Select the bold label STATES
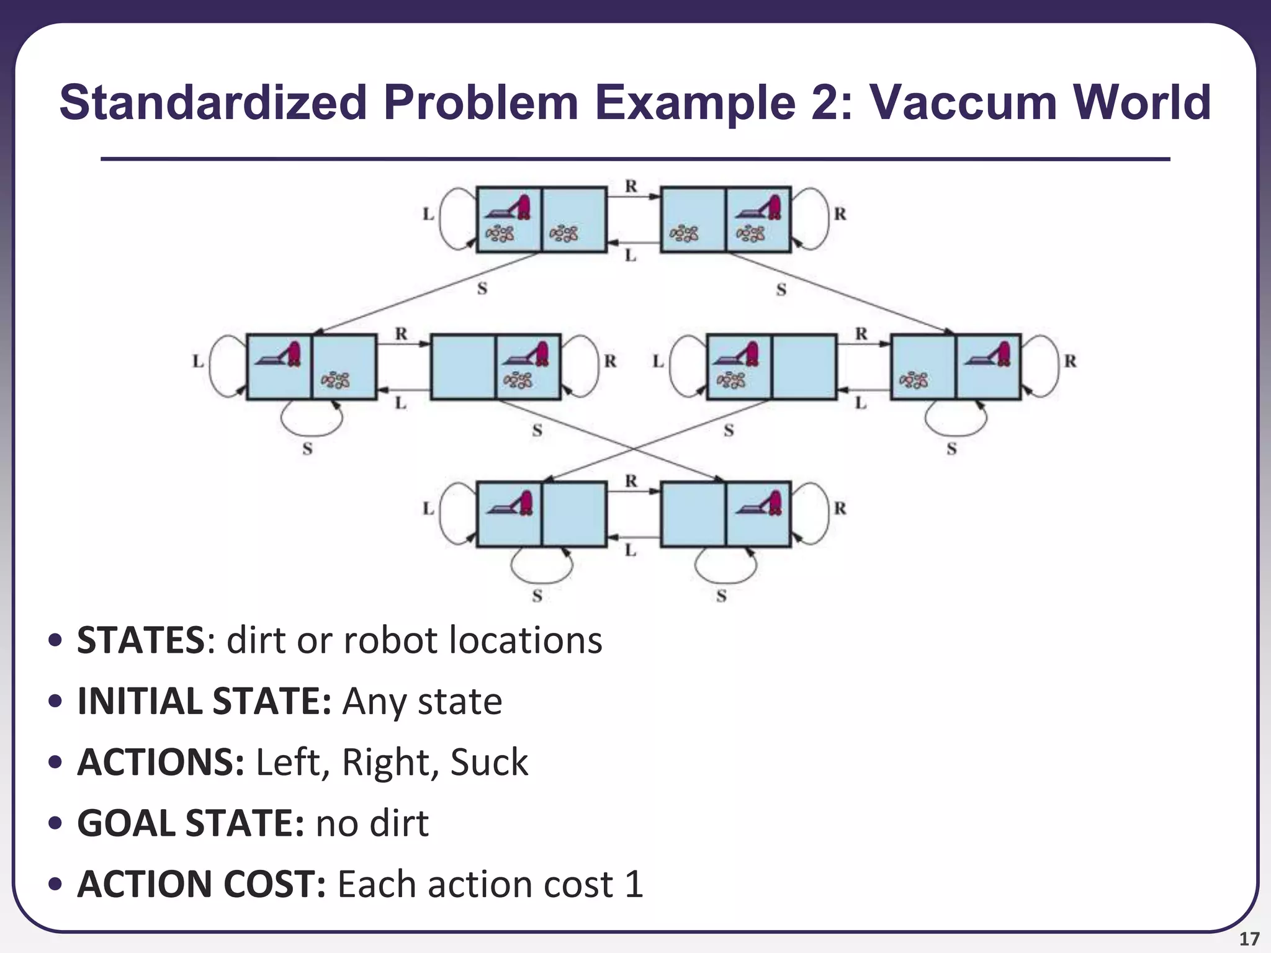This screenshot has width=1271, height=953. (140, 640)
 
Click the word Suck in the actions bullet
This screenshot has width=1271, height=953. (489, 762)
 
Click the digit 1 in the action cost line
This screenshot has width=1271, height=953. (634, 884)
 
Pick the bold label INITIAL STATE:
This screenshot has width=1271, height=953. (204, 701)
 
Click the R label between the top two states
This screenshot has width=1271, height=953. (631, 186)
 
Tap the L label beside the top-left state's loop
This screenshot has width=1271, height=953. (428, 215)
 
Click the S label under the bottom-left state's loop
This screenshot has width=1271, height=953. (537, 596)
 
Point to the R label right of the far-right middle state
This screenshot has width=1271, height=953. (1071, 361)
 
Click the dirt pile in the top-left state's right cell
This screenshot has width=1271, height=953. (564, 233)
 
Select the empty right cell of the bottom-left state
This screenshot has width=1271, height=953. (574, 514)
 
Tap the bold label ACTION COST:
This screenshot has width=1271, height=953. (201, 884)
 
